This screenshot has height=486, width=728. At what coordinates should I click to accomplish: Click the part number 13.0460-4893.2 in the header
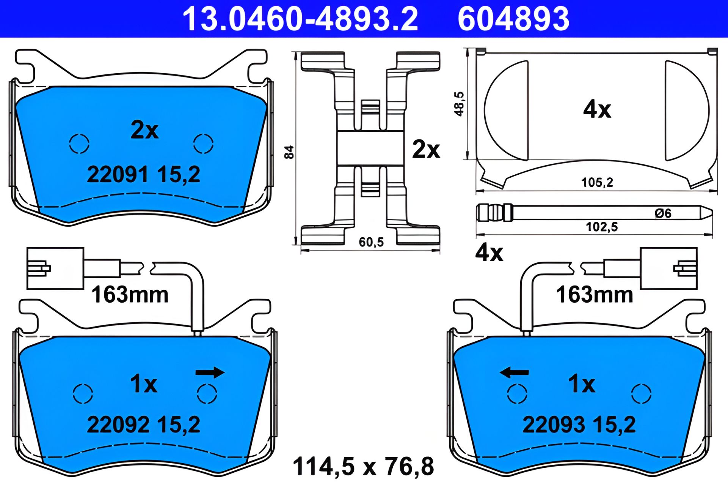pos(300,19)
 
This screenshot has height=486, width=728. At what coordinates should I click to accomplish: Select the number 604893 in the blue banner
pos(513,19)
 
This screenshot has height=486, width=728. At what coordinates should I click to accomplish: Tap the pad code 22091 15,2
pos(143,175)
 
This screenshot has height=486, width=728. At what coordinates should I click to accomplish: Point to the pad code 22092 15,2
pos(143,424)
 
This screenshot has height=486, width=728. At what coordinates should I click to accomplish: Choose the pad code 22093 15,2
pos(579,424)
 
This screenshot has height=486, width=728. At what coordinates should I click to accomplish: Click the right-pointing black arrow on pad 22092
pos(210,372)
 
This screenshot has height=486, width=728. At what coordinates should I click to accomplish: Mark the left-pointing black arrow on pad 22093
pos(514,372)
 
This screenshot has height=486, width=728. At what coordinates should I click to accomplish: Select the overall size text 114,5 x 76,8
pos(363,466)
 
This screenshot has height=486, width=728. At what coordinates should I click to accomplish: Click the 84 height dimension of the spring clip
pos(289,152)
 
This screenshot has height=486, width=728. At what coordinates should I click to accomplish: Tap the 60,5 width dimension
pos(371,242)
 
